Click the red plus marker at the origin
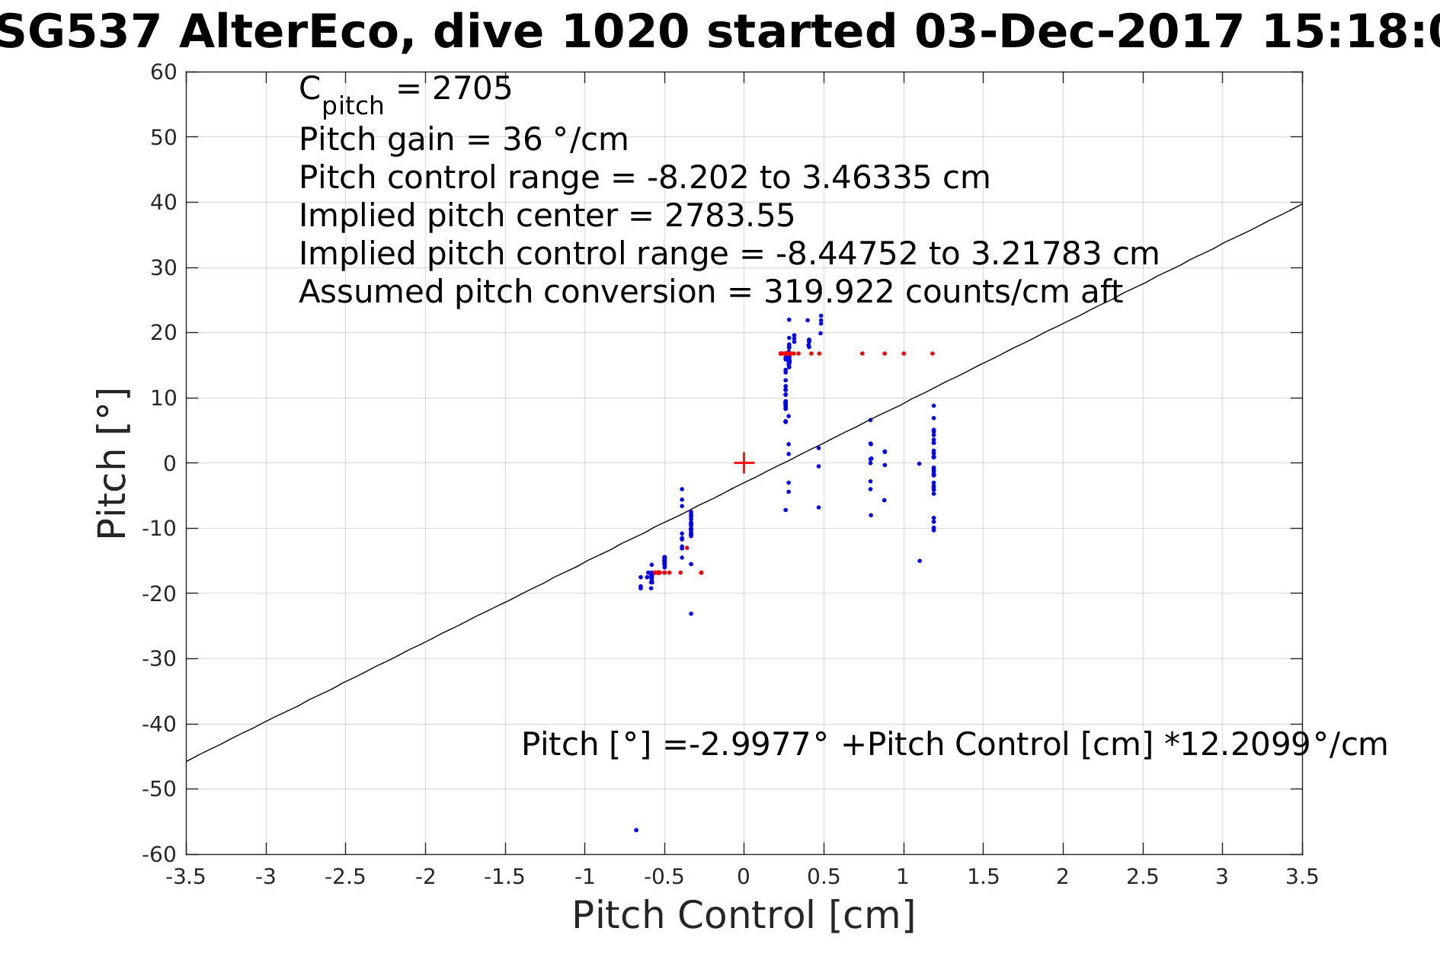point(744,462)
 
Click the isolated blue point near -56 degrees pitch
point(636,830)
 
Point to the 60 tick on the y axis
point(187,72)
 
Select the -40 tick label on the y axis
point(159,724)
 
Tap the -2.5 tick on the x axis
point(346,854)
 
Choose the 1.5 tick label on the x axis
point(983,877)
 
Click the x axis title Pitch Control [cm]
point(743,915)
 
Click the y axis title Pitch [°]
point(112,463)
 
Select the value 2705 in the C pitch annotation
point(472,89)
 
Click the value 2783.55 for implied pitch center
point(729,216)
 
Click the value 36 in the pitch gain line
point(522,139)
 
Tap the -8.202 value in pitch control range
point(697,178)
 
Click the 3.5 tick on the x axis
point(1302,854)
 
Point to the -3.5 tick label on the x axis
point(186,877)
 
